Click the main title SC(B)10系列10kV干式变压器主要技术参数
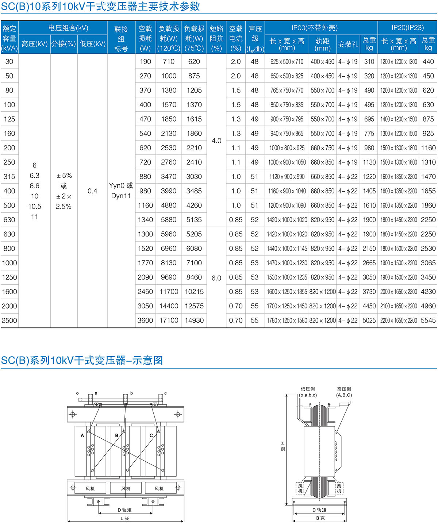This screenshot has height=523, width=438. [x=100, y=7]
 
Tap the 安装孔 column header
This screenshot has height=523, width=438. [x=348, y=45]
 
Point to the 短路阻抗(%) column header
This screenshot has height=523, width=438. [x=216, y=38]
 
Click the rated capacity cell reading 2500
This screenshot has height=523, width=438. [x=9, y=320]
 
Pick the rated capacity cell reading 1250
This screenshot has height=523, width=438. [x=9, y=277]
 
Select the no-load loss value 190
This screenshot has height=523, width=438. [x=145, y=62]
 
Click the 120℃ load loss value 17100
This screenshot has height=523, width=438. [x=169, y=320]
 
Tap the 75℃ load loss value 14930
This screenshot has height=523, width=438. [x=194, y=320]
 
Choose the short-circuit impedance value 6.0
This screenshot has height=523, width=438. [x=216, y=278]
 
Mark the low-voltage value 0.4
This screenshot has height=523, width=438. [x=92, y=191]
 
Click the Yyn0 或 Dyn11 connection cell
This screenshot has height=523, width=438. [x=121, y=191]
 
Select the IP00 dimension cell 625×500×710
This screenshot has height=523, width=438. [x=287, y=62]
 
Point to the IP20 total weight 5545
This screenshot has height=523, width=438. [x=428, y=320]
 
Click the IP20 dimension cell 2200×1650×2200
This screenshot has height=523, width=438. [x=399, y=320]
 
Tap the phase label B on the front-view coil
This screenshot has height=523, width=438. [x=117, y=435]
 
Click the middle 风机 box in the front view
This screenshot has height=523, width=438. [x=126, y=488]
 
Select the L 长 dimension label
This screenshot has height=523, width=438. [x=124, y=518]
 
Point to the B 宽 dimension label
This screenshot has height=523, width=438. [x=320, y=518]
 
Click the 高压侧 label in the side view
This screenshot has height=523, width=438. [x=344, y=389]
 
